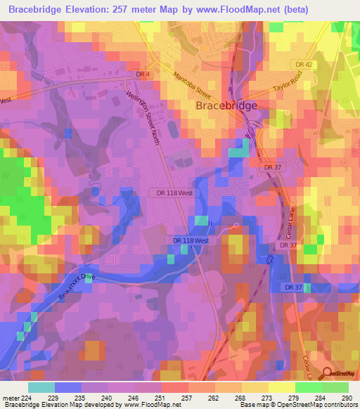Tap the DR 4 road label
143,74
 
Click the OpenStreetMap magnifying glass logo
328,374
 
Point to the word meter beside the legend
9,396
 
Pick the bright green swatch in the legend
307,387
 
